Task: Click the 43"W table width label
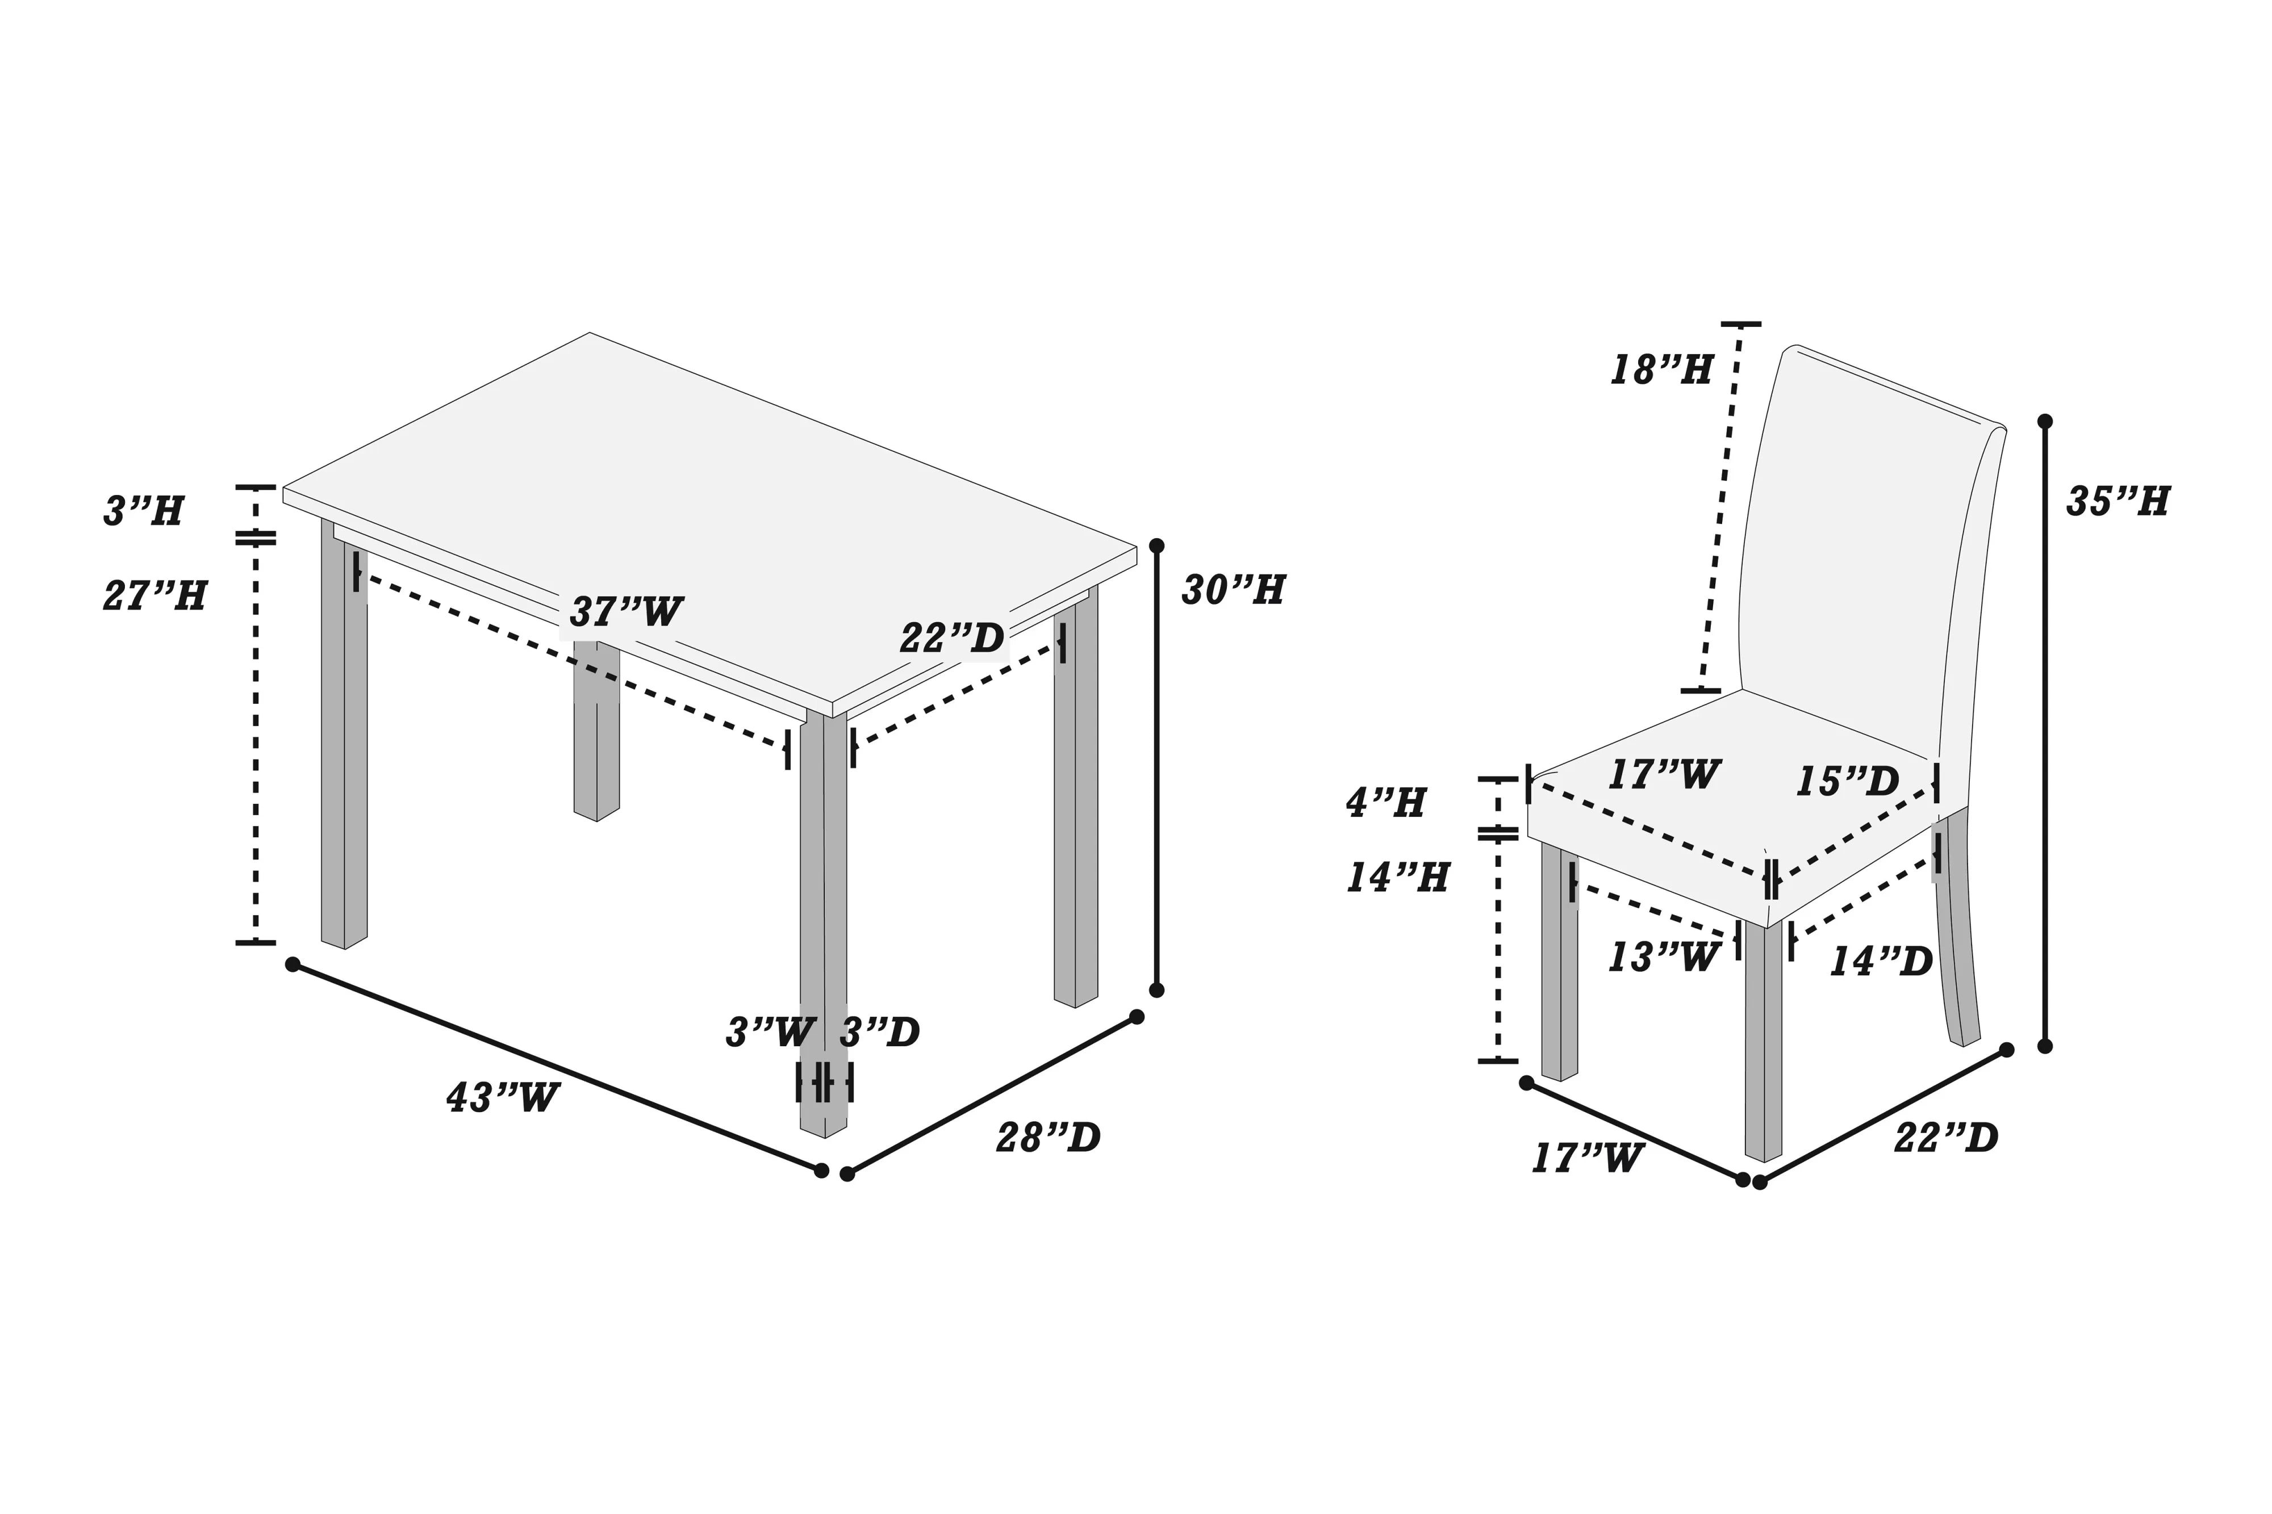tap(502, 1098)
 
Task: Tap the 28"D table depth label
tap(1048, 1138)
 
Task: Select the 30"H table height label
tap(1233, 590)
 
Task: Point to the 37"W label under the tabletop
tap(626, 612)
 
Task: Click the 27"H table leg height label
tap(154, 595)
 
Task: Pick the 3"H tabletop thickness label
tap(143, 511)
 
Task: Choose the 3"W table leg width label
tap(770, 1033)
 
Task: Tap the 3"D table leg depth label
tap(879, 1033)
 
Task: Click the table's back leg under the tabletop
tap(596, 744)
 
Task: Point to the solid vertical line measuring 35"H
tap(2045, 734)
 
